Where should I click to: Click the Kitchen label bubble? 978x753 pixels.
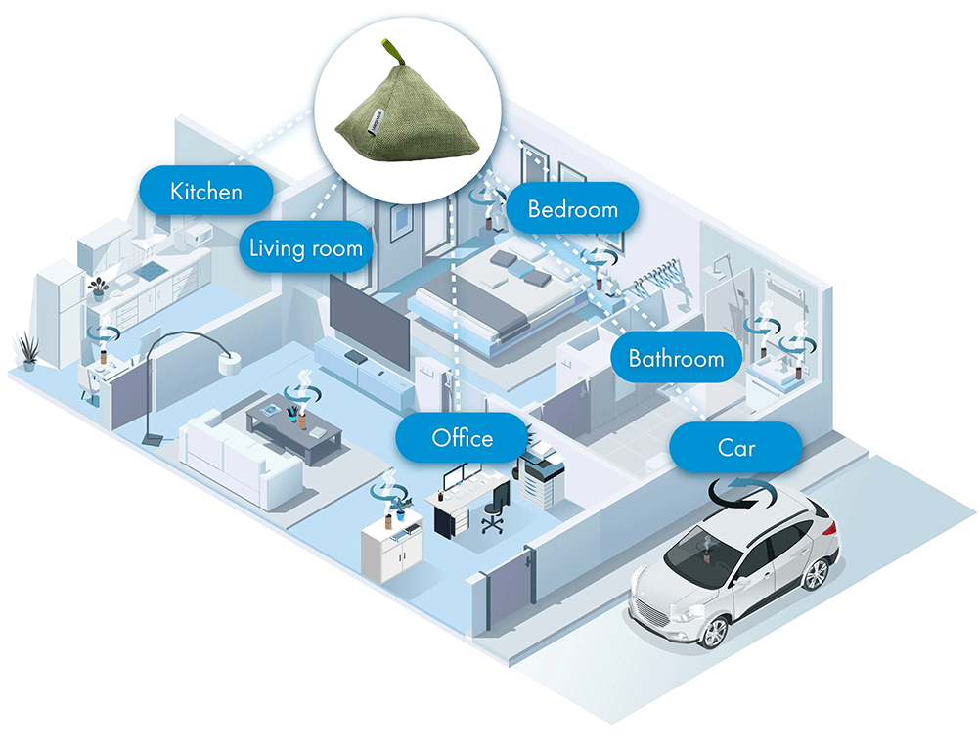pyautogui.click(x=205, y=191)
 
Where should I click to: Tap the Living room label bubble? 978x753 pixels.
pyautogui.click(x=305, y=247)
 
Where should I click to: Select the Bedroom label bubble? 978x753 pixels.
pyautogui.click(x=572, y=208)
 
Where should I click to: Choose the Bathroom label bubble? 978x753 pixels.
pyautogui.click(x=676, y=358)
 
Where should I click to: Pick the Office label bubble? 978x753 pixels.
pyautogui.click(x=463, y=438)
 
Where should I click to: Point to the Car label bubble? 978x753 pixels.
pyautogui.click(x=736, y=447)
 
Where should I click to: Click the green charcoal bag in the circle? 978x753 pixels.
pyautogui.click(x=408, y=118)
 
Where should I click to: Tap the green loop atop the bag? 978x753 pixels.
pyautogui.click(x=393, y=51)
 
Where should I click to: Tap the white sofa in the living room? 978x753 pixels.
pyautogui.click(x=241, y=460)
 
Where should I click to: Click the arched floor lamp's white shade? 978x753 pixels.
pyautogui.click(x=230, y=365)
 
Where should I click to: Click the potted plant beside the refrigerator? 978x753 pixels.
pyautogui.click(x=27, y=351)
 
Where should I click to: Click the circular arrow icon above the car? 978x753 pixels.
pyautogui.click(x=743, y=494)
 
